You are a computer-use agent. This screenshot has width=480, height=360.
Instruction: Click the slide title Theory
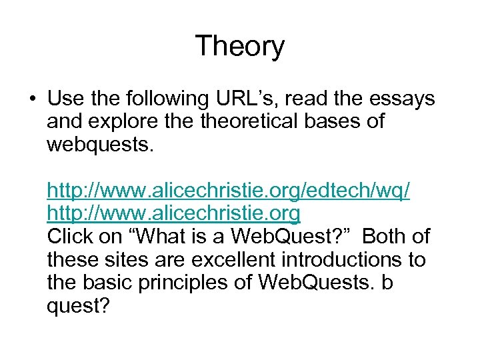pos(239,47)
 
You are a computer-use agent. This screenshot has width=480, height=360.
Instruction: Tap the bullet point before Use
pos(31,100)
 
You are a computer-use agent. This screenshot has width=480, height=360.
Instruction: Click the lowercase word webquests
pos(100,145)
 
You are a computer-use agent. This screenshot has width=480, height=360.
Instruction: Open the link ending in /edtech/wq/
pos(228,191)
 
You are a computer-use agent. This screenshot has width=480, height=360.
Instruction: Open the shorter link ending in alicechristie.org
pos(173,214)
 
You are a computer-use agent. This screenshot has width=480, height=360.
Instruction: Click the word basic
pos(109,282)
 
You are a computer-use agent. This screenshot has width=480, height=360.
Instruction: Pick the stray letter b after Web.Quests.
pos(387,282)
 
